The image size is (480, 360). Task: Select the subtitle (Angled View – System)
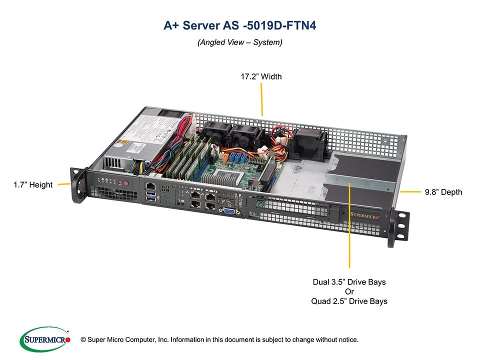click(239, 42)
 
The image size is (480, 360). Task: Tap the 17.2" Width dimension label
click(261, 76)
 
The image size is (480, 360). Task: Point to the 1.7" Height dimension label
click(33, 184)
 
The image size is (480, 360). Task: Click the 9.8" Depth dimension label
click(443, 192)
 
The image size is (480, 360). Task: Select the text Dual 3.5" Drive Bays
click(349, 282)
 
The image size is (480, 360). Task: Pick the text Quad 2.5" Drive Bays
click(349, 301)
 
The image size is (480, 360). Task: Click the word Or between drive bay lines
click(349, 291)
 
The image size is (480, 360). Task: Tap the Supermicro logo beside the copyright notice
click(45, 339)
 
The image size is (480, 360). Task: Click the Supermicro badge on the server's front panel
click(364, 215)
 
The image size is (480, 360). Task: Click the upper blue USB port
click(150, 193)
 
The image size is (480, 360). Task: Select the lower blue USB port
click(151, 198)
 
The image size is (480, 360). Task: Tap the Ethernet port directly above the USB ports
click(150, 186)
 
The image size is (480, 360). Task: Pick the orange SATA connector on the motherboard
click(225, 157)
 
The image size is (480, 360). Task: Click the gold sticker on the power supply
click(123, 143)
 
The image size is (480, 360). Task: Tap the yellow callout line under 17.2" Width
click(261, 100)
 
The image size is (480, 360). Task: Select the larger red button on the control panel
click(126, 183)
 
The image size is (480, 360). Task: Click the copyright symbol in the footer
click(83, 340)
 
